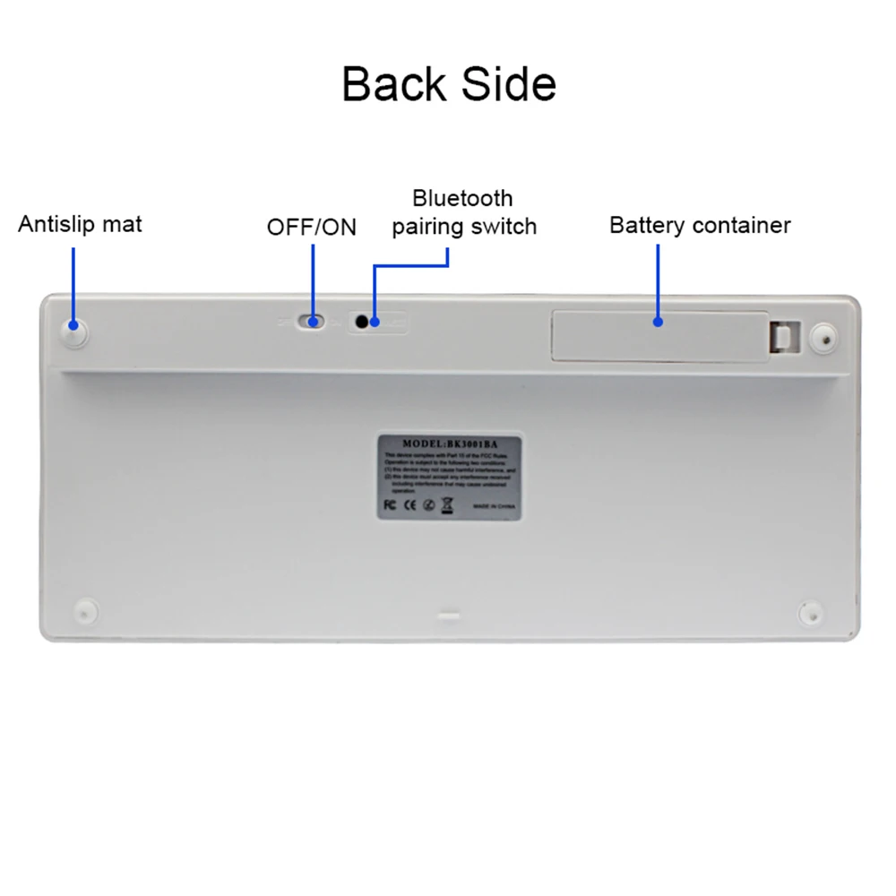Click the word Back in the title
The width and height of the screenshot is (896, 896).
tap(392, 83)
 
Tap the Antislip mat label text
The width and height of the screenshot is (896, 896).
tap(80, 223)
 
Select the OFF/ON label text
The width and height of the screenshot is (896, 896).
tap(311, 228)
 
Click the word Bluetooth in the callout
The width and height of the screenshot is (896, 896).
tap(462, 198)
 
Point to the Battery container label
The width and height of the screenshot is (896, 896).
tap(700, 224)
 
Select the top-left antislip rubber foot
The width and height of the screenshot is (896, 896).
tap(74, 332)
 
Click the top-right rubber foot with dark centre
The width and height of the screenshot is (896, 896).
tap(823, 339)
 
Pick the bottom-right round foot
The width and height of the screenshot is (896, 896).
tap(810, 613)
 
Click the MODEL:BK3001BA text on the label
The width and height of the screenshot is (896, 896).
tap(448, 443)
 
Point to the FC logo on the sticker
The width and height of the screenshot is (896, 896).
tap(389, 504)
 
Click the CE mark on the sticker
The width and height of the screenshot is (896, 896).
tap(408, 504)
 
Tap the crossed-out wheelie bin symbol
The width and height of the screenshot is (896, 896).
tap(447, 504)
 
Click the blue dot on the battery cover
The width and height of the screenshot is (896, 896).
tap(659, 321)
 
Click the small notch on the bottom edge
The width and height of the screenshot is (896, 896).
tap(448, 616)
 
